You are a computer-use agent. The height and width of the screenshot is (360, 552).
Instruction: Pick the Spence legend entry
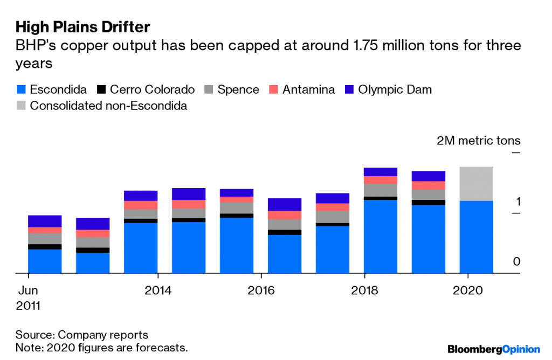238,89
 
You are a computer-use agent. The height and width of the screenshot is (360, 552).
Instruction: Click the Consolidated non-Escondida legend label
108,106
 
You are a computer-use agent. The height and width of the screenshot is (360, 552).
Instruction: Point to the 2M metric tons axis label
478,141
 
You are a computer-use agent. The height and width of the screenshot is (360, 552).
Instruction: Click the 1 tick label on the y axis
517,202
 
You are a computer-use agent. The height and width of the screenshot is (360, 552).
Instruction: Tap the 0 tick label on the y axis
517,262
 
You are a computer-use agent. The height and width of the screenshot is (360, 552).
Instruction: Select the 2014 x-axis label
158,290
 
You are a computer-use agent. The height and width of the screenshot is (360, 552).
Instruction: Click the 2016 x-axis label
261,290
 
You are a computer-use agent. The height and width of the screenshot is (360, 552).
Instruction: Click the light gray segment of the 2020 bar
477,184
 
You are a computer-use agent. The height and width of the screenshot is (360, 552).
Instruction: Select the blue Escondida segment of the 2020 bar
477,237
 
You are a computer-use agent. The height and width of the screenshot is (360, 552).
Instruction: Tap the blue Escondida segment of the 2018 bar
381,237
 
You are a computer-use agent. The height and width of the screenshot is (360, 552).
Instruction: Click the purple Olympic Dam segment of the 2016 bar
285,204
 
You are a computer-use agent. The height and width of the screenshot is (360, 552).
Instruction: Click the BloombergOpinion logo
494,349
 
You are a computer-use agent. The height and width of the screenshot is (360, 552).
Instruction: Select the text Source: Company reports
81,335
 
